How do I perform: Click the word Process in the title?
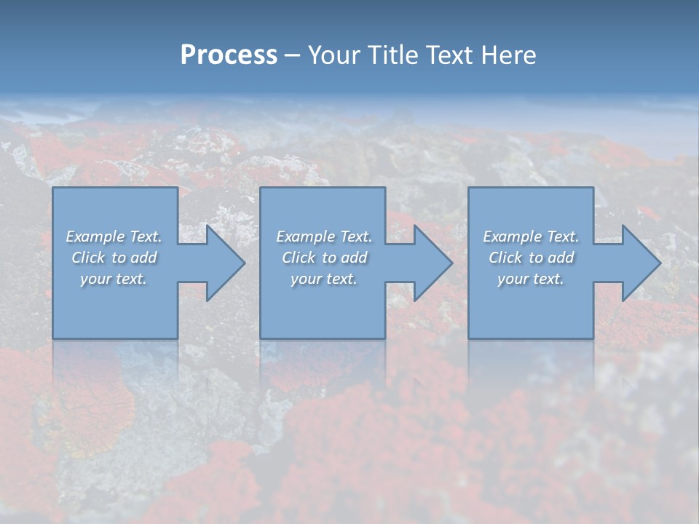pyautogui.click(x=229, y=55)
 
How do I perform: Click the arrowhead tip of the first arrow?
pyautogui.click(x=244, y=263)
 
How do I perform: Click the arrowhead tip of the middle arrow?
pyautogui.click(x=451, y=263)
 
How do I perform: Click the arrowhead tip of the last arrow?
pyautogui.click(x=660, y=263)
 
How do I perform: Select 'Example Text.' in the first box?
pyautogui.click(x=114, y=237)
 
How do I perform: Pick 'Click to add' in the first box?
pyautogui.click(x=114, y=258)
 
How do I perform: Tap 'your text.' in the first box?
pyautogui.click(x=114, y=279)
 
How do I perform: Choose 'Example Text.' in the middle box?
pyautogui.click(x=324, y=237)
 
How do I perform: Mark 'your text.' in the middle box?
pyautogui.click(x=324, y=279)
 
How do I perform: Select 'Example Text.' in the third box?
pyautogui.click(x=531, y=237)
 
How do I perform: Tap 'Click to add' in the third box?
pyautogui.click(x=532, y=258)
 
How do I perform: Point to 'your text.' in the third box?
pyautogui.click(x=531, y=279)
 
